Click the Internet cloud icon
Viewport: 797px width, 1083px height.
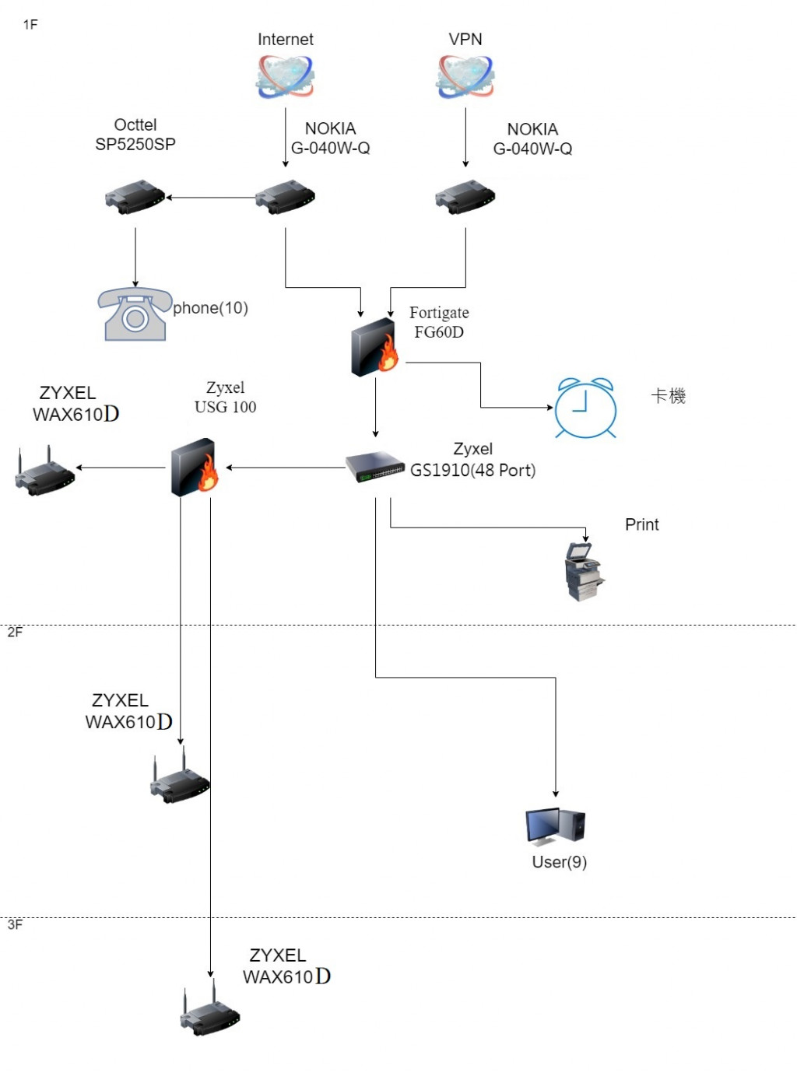pyautogui.click(x=285, y=77)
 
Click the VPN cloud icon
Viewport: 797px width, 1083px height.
pyautogui.click(x=465, y=77)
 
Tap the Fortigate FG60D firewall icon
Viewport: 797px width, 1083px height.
pyautogui.click(x=374, y=348)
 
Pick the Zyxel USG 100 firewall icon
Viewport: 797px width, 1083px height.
pyautogui.click(x=194, y=468)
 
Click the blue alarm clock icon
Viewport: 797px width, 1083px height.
pyautogui.click(x=585, y=408)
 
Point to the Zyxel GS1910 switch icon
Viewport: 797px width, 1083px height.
pyautogui.click(x=375, y=467)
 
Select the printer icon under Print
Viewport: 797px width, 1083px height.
pyautogui.click(x=584, y=572)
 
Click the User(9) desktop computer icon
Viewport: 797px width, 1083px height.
pyautogui.click(x=556, y=826)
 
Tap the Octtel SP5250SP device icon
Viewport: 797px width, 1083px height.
pyautogui.click(x=135, y=198)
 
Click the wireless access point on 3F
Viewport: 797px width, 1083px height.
pyautogui.click(x=210, y=1012)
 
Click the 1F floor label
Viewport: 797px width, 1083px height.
pyautogui.click(x=30, y=25)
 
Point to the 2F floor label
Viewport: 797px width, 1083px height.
pyautogui.click(x=15, y=633)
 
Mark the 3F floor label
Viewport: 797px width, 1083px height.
pyautogui.click(x=15, y=925)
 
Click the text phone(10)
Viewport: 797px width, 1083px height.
pyautogui.click(x=210, y=308)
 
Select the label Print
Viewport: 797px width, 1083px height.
pyautogui.click(x=641, y=524)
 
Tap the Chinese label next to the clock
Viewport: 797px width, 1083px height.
pyautogui.click(x=668, y=396)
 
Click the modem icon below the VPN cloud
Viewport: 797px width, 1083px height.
pyautogui.click(x=465, y=198)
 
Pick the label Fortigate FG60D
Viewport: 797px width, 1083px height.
pyautogui.click(x=439, y=322)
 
